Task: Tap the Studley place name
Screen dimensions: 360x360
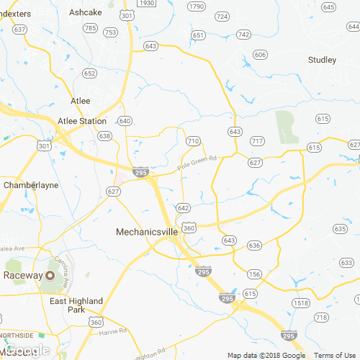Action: [322, 60]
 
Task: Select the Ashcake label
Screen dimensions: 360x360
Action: [85, 12]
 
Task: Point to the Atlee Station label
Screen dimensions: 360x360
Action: [82, 121]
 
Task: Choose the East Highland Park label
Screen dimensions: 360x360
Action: [76, 305]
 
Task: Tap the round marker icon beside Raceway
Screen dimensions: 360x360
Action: [50, 276]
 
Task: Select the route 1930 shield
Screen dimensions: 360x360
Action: [147, 4]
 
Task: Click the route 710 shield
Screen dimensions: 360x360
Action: [192, 141]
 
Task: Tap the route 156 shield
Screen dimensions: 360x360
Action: [254, 274]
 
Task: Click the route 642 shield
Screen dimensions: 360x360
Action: [184, 207]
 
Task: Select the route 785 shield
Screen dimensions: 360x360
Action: [90, 28]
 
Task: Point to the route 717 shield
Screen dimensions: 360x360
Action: [256, 140]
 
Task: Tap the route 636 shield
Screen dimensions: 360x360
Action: [254, 246]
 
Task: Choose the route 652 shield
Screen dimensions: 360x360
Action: [89, 73]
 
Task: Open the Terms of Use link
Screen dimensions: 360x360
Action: [336, 355]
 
